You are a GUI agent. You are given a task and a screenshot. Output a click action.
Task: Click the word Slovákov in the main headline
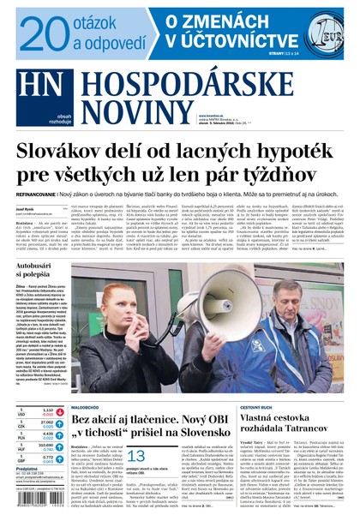(x=65, y=154)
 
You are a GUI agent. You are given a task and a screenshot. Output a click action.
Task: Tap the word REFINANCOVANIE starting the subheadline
(x=33, y=195)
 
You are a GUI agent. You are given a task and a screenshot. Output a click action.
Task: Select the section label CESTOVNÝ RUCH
(x=257, y=407)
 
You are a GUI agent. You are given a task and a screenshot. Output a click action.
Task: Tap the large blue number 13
(x=136, y=456)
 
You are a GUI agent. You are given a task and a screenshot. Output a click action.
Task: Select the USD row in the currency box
(x=34, y=411)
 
